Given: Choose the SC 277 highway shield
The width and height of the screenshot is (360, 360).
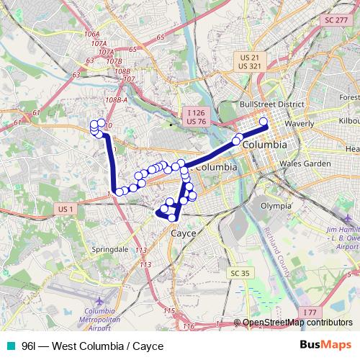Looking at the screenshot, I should point(336,21).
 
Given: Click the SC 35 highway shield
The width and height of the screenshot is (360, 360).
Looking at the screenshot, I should point(240,273).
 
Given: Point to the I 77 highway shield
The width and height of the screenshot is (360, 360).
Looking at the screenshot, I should point(310,312).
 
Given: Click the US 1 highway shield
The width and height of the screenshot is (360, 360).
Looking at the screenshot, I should point(63,209).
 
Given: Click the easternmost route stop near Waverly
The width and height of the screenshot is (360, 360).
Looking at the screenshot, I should point(264,122).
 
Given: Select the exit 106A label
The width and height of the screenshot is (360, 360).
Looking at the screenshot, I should point(91,34).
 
